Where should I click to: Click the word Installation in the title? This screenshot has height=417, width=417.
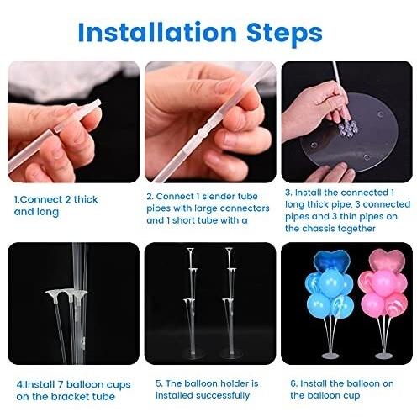(157, 32)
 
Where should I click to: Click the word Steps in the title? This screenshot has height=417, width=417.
(284, 34)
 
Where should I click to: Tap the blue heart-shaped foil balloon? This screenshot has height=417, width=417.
(331, 261)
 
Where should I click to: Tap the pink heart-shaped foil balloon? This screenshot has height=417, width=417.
(387, 260)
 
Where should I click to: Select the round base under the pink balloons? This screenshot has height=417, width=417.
(383, 356)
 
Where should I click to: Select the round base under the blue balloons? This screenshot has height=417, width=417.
(330, 356)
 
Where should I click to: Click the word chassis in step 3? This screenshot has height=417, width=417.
(319, 229)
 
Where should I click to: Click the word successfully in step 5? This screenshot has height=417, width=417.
(223, 396)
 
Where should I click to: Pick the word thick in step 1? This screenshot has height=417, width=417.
(86, 199)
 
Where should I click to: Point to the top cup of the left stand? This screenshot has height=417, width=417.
(191, 250)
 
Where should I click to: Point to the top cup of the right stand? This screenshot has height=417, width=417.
(230, 250)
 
